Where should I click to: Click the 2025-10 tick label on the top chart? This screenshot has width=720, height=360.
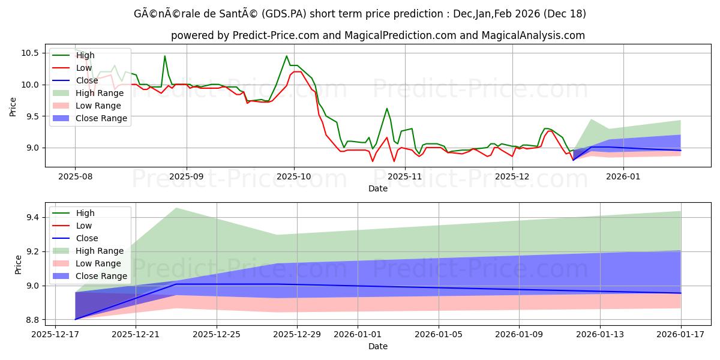pos(294,176)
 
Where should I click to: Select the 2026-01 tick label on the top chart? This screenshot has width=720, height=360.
pos(623,176)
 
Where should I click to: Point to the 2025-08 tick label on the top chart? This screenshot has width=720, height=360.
pos(75,176)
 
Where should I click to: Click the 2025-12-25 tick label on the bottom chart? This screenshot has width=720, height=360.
pos(216,335)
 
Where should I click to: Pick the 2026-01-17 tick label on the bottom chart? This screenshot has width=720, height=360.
pos(680,335)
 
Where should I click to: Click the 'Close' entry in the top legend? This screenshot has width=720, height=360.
pos(87,80)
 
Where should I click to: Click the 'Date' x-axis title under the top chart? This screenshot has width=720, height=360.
pos(378,188)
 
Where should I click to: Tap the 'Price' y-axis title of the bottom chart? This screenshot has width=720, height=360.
pos(18,264)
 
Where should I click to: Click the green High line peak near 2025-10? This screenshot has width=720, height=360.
pos(286,56)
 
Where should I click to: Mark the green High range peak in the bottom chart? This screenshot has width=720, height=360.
pos(175,208)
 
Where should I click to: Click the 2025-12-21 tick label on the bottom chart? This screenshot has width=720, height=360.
pos(135,335)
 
